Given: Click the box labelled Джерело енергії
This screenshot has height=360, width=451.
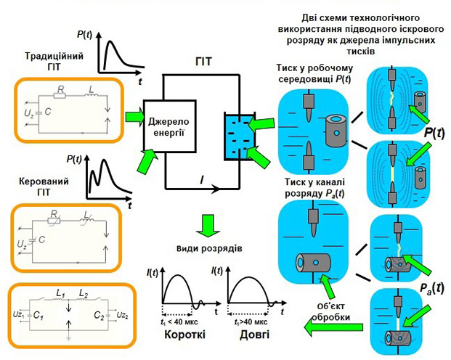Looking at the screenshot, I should tap(171, 126).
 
